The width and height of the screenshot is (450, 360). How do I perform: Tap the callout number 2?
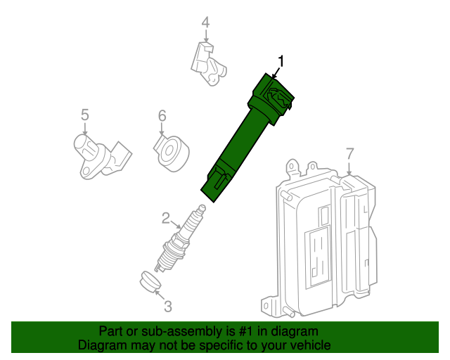tap(166, 218)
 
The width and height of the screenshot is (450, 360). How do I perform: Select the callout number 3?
tap(167, 306)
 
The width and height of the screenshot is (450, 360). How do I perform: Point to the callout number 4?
tap(205, 23)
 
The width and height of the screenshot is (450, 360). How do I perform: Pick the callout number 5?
tap(84, 114)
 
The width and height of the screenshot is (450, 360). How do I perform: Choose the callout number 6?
tap(161, 115)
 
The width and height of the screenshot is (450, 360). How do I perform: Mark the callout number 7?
tap(350, 153)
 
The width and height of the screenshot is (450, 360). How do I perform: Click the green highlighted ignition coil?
tap(243, 137)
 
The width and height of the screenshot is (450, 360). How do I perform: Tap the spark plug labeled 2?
tap(181, 239)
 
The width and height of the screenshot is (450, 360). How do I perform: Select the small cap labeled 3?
tap(148, 281)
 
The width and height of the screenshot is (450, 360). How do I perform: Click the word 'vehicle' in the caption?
tap(310, 345)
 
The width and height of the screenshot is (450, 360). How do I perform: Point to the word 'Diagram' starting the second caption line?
tap(102, 345)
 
